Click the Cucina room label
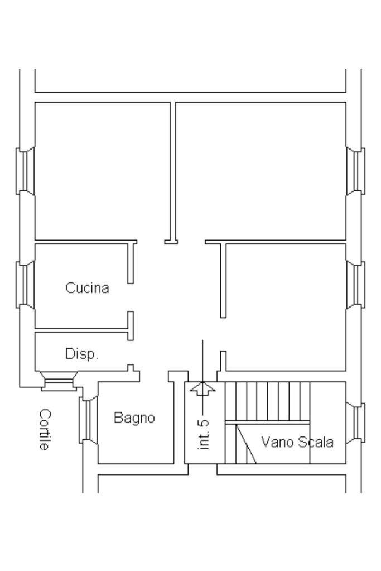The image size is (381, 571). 87,288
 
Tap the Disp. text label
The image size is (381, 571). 81,354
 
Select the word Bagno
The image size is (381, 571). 134,418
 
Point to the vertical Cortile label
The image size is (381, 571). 45,430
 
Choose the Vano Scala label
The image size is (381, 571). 297,442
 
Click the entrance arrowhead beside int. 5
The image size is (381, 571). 202,388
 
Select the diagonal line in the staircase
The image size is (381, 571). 246,444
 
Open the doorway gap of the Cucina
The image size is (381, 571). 131,297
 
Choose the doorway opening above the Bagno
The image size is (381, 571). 153,373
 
